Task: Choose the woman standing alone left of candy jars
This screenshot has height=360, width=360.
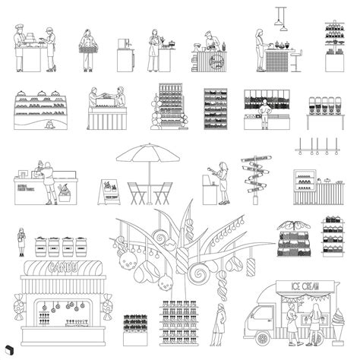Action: coord(22,243)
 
